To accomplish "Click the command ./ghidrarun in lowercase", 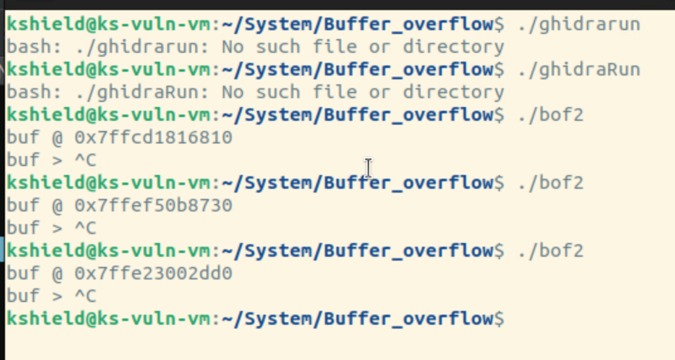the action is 579,25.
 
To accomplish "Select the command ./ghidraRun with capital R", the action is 579,69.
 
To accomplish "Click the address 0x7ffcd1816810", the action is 154,137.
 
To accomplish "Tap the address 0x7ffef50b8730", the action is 154,205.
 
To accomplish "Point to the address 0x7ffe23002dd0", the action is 154,273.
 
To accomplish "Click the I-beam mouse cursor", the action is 368,167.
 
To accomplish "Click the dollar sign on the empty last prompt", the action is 499,318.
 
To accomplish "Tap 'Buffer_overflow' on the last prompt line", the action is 409,318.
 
